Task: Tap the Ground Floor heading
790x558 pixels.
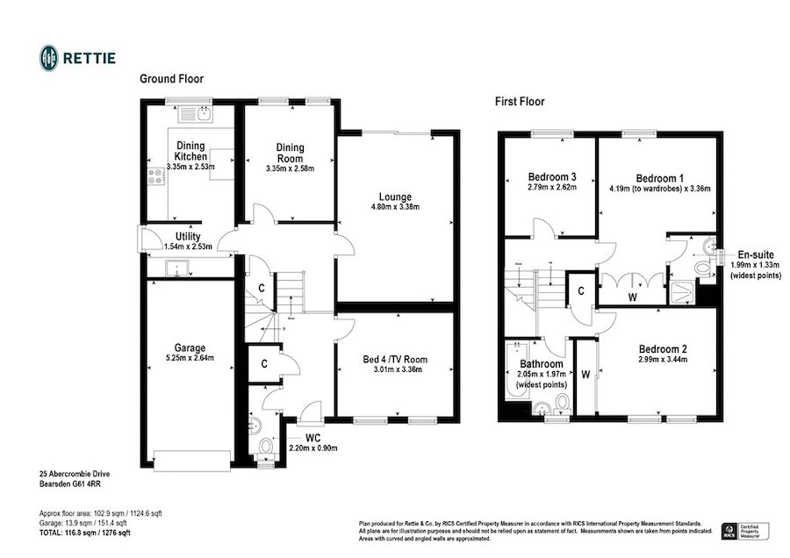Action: pos(172,79)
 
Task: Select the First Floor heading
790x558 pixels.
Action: pos(520,102)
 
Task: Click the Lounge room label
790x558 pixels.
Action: pos(394,197)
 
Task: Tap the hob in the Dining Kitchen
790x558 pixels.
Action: pos(157,176)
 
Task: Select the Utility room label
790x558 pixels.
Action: pos(188,237)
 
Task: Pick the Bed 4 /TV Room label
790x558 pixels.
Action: pos(395,359)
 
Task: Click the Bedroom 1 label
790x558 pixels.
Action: pos(659,175)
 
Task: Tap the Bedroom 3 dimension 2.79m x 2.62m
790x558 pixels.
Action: pos(552,187)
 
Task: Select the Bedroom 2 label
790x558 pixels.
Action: pos(663,348)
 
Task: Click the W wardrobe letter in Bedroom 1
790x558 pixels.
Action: pos(630,297)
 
